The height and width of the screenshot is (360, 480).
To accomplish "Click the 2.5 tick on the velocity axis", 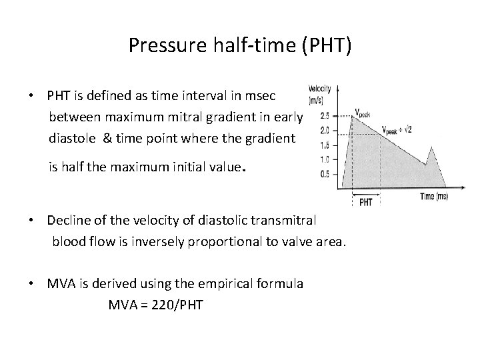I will click(x=325, y=115).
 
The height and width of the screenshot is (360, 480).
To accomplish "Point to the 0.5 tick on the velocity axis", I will click(x=325, y=174).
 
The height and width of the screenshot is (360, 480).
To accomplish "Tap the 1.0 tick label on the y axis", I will click(x=325, y=159).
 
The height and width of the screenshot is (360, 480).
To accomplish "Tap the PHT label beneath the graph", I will click(x=366, y=201).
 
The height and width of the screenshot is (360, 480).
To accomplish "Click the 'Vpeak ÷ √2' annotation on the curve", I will click(x=397, y=129).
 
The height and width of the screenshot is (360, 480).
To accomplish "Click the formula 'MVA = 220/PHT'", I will click(x=155, y=305).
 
